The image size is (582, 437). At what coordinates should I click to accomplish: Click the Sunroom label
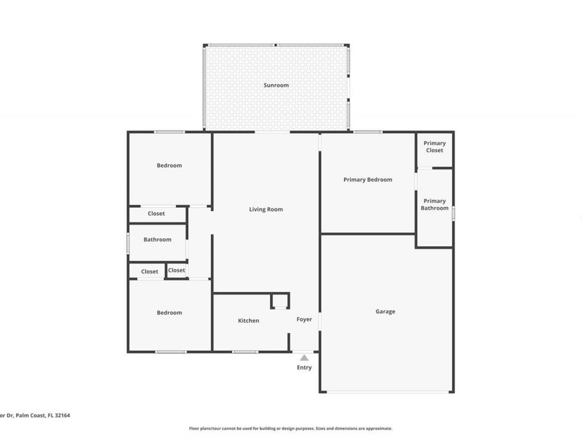276,85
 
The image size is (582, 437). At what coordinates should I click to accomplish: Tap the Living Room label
266,209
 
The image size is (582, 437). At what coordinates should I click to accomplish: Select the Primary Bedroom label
367,179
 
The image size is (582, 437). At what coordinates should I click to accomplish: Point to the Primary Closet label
435,146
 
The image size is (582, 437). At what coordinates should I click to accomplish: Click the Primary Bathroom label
435,205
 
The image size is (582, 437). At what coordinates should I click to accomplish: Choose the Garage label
385,311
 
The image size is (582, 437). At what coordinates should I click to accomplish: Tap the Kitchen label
248,320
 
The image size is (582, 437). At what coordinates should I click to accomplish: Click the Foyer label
304,319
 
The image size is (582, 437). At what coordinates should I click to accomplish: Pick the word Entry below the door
304,368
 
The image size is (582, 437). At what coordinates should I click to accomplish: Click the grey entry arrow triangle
304,357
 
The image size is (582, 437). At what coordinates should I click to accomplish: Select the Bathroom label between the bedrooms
157,240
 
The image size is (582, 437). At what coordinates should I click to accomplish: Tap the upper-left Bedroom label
169,165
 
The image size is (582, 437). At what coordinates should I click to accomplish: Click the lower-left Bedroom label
169,313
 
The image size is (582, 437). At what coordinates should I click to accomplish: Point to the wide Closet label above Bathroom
156,214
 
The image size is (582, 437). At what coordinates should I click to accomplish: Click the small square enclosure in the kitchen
279,300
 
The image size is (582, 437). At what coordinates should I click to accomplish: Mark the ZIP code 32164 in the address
61,416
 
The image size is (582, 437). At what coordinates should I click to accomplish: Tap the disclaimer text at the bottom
290,428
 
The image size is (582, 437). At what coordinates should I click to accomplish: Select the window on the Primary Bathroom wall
453,212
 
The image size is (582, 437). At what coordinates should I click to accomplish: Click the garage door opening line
386,392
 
